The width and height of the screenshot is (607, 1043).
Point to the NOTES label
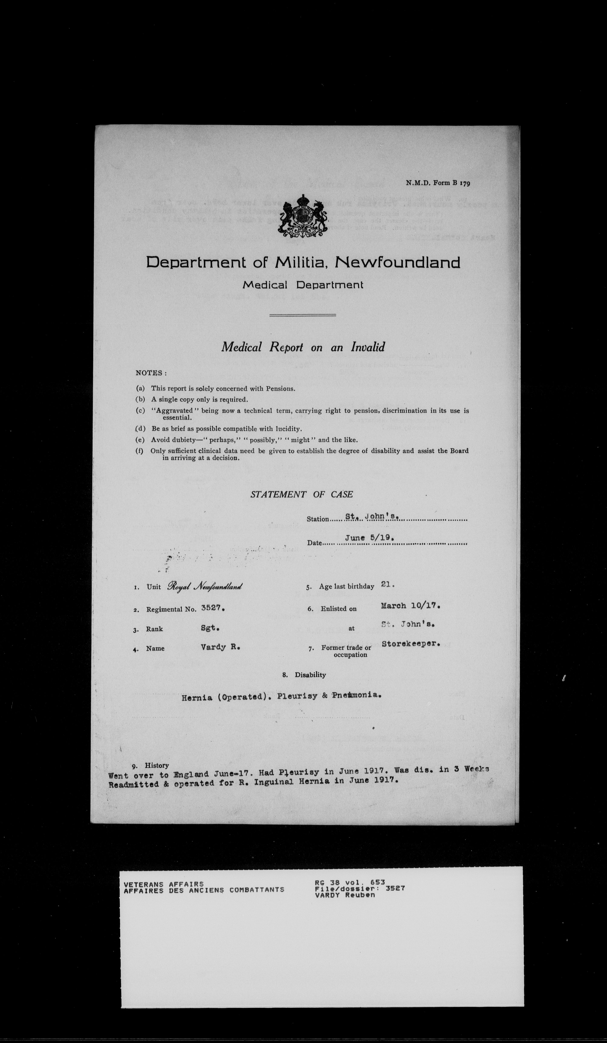151,373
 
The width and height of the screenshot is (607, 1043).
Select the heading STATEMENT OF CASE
301,494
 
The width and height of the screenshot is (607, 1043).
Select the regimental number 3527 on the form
212,608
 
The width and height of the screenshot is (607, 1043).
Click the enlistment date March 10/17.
410,605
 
